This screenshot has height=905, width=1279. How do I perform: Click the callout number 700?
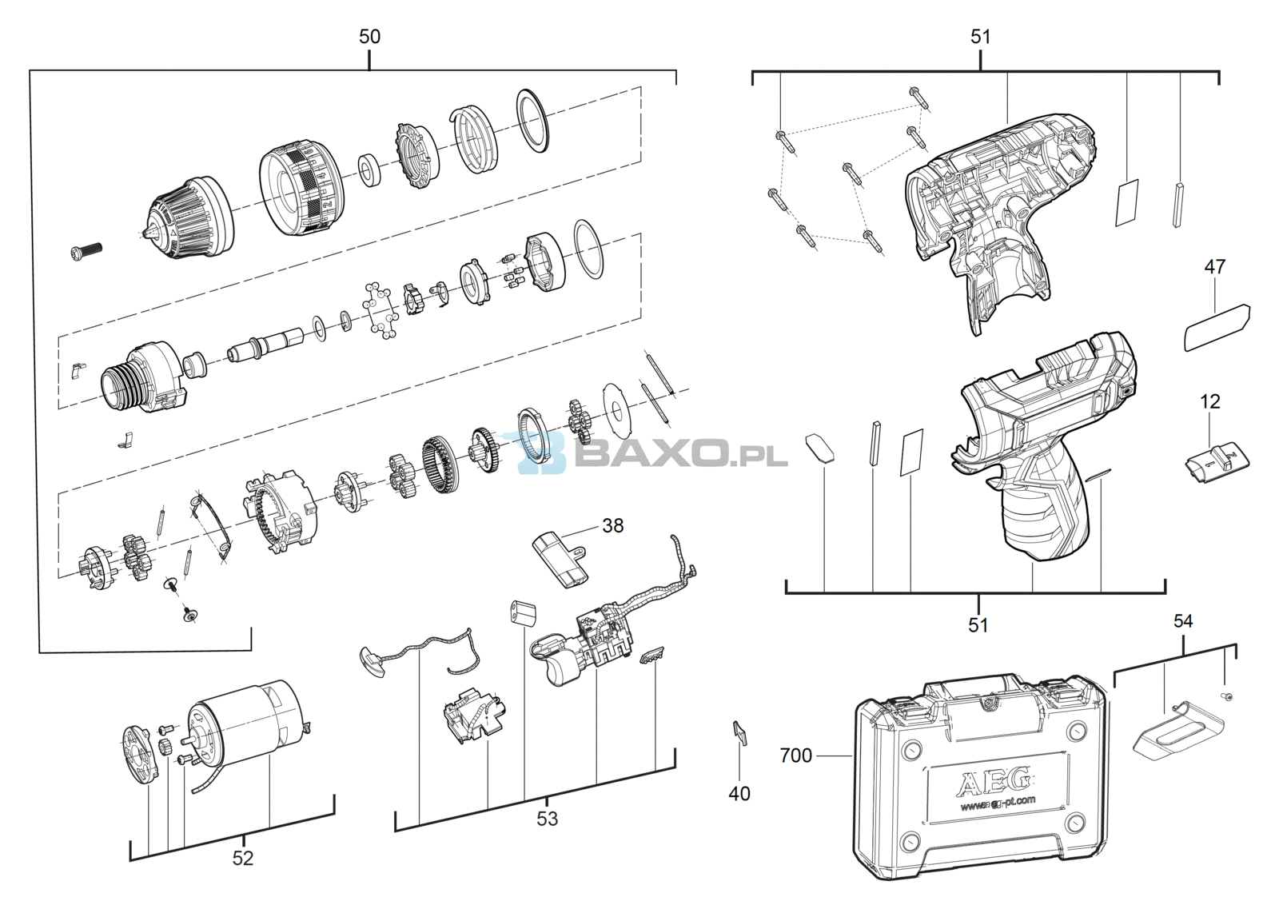[795, 755]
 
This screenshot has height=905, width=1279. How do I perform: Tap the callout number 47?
[1214, 266]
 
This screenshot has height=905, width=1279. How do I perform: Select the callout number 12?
[1210, 401]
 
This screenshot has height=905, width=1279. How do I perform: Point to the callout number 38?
[612, 525]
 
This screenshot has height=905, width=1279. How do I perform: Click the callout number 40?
[739, 793]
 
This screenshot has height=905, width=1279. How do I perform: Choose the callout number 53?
[547, 819]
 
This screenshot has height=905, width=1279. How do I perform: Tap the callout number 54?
[1183, 620]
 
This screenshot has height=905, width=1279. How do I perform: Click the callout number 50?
[369, 37]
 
